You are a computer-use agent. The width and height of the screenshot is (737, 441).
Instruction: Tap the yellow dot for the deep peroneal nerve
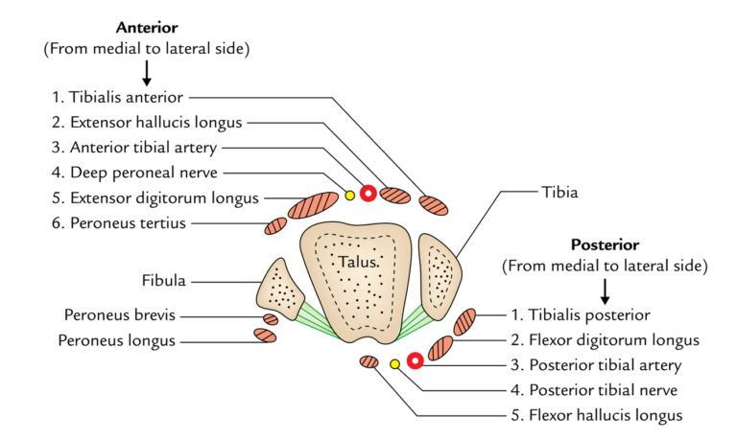click(349, 195)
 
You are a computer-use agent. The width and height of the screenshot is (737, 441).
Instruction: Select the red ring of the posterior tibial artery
click(415, 361)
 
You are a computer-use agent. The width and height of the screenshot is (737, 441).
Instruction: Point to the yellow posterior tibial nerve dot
click(394, 363)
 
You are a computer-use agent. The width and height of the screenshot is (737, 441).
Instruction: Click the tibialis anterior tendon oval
click(432, 204)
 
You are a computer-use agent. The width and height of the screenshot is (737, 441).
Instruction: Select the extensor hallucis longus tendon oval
click(395, 196)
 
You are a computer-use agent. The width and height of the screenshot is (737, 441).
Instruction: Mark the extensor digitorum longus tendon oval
click(313, 205)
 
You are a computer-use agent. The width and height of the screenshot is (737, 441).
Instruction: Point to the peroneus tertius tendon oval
click(276, 226)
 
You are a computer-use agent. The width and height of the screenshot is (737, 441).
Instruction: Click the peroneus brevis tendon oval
click(271, 319)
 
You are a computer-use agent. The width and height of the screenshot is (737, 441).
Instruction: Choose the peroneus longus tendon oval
click(265, 336)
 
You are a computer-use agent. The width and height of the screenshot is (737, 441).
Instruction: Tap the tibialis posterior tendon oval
click(464, 321)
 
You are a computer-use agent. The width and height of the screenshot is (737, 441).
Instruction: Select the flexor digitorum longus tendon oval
click(440, 347)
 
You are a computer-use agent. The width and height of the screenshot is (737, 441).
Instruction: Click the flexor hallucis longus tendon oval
click(368, 361)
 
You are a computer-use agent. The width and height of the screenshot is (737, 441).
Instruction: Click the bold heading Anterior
click(146, 28)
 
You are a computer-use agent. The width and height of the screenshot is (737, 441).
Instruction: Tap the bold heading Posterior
click(605, 244)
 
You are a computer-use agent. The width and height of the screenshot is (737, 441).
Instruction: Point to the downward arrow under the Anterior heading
click(146, 73)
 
